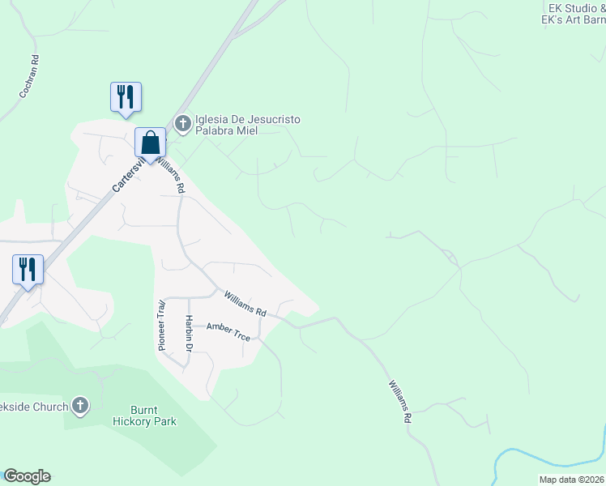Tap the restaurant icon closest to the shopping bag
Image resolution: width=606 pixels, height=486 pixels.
click(x=126, y=96)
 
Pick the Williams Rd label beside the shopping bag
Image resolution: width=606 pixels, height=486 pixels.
click(x=172, y=175)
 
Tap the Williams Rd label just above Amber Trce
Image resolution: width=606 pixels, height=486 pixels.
click(x=245, y=305)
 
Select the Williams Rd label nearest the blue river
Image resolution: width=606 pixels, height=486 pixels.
click(x=400, y=403)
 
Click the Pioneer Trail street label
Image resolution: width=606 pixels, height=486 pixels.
click(x=160, y=325)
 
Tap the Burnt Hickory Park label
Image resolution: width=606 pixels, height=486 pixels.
click(x=143, y=416)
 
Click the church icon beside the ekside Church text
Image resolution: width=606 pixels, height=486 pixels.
click(x=79, y=405)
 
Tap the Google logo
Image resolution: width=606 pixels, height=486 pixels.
click(x=27, y=476)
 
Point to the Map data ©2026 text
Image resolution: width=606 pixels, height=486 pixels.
click(x=571, y=480)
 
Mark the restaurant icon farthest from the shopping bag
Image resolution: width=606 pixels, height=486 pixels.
click(x=28, y=270)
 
